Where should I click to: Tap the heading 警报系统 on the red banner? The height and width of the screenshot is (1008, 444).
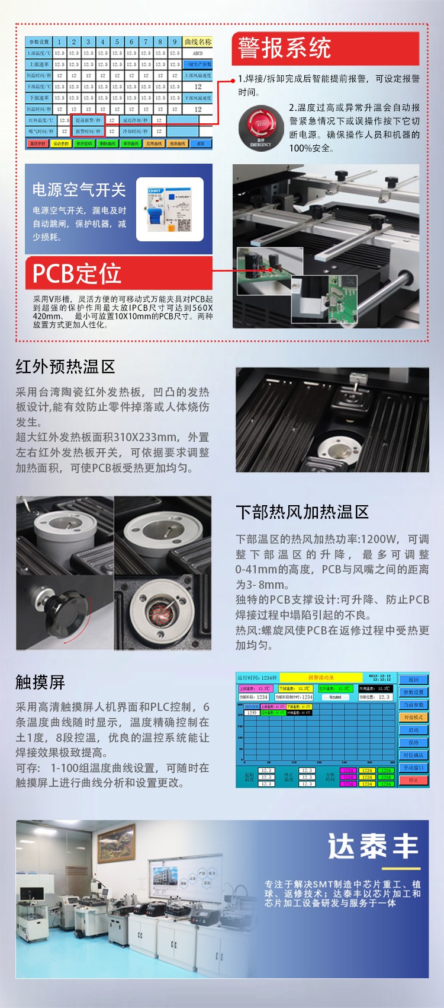285,48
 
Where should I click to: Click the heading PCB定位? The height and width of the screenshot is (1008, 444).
77,273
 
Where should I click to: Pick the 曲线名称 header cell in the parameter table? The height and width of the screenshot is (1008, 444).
198,42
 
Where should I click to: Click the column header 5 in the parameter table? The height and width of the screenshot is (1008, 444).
117,42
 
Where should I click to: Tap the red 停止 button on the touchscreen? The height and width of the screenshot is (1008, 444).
413,780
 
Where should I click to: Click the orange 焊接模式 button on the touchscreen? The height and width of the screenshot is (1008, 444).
413,717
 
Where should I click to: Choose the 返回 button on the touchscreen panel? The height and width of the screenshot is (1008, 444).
413,680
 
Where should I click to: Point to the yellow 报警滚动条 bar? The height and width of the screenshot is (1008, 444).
321,678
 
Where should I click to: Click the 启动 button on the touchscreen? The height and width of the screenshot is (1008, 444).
413,730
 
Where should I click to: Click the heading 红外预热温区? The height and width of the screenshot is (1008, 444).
65,367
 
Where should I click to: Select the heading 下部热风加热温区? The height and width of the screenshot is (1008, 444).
302,512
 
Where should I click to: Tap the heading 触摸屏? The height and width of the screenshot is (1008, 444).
40,682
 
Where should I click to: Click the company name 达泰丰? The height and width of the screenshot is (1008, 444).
373,847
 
